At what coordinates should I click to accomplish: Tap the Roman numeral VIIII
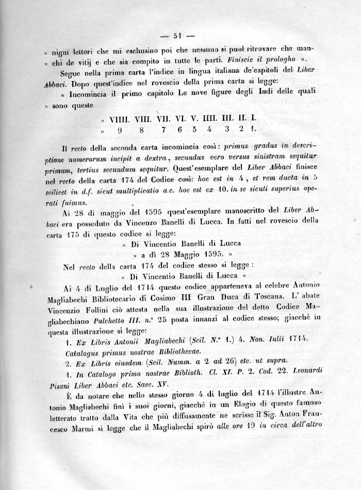click(120, 119)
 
